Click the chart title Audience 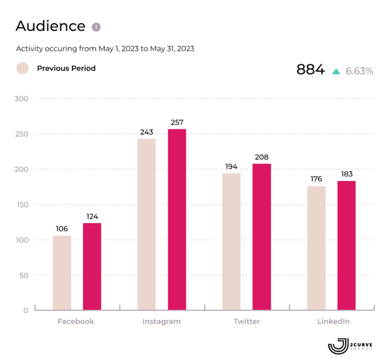(x=50, y=26)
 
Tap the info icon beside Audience (x=96, y=27)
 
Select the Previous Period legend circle (x=23, y=68)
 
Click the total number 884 (x=310, y=70)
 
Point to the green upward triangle (x=335, y=71)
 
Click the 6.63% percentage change (x=359, y=71)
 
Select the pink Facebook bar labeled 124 (x=92, y=266)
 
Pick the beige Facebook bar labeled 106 (x=62, y=272)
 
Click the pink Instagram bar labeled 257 (x=177, y=219)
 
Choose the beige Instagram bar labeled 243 (x=146, y=224)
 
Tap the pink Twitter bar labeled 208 (x=261, y=236)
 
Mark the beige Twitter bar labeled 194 (x=231, y=241)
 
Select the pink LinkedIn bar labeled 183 (x=346, y=245)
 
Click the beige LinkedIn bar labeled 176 (x=316, y=247)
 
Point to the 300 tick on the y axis (x=21, y=99)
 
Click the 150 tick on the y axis (x=21, y=205)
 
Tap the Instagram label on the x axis (x=161, y=321)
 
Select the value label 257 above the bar (x=177, y=122)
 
